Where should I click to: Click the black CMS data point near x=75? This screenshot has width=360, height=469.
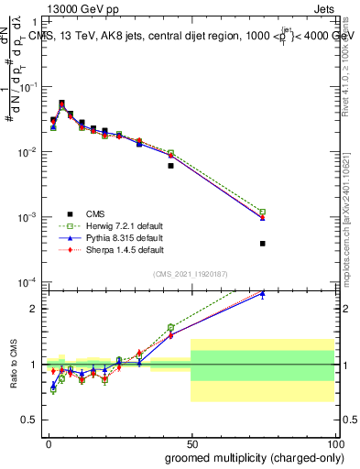point(262,244)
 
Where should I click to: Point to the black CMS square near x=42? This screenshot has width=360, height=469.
point(170,166)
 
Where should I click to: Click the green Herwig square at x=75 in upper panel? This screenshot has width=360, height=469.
point(262,212)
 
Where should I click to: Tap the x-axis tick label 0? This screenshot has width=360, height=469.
point(48,444)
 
